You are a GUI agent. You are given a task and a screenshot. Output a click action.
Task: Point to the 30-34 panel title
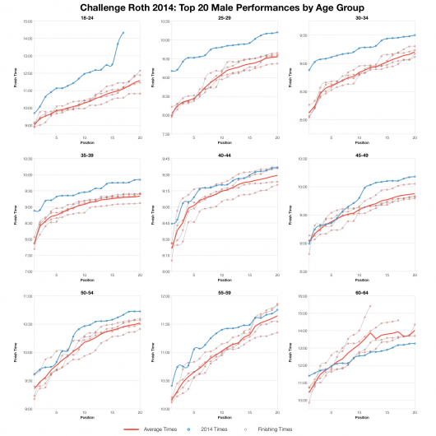[x=361, y=17]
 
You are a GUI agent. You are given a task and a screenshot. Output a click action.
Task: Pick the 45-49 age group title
[x=361, y=153]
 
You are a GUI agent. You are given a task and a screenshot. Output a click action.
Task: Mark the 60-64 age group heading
[x=361, y=290]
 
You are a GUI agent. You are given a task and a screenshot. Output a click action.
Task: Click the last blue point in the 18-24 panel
[x=123, y=33]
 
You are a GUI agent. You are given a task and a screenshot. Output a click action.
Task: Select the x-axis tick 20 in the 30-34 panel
[x=415, y=139]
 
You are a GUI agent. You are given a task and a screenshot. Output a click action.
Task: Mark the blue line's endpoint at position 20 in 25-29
[x=277, y=32]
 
